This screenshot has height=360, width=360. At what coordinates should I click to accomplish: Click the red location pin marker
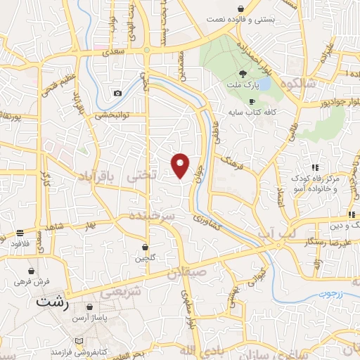pyautogui.click(x=181, y=165)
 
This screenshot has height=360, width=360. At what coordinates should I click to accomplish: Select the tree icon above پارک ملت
pyautogui.click(x=243, y=73)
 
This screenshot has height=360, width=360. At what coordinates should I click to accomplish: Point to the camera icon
pyautogui.click(x=117, y=94)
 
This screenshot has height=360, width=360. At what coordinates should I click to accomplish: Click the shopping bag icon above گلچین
pyautogui.click(x=146, y=247)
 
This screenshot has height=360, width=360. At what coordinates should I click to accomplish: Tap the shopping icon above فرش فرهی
pyautogui.click(x=31, y=270)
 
